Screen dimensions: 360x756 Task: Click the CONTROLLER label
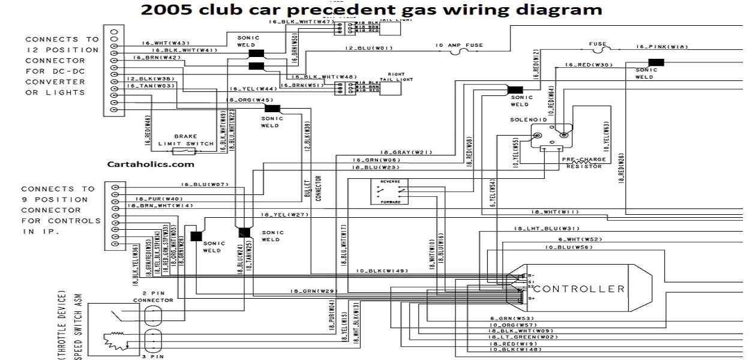579,289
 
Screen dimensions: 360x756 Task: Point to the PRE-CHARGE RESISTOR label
584,163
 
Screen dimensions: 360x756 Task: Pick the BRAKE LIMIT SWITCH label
185,140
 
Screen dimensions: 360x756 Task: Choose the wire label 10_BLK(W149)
382,271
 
